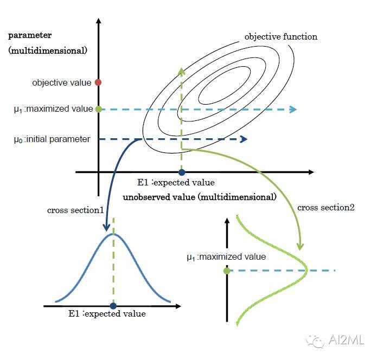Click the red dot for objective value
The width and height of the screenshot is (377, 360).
point(98,82)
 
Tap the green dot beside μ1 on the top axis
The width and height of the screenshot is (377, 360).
point(98,109)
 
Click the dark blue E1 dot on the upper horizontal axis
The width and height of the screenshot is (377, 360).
point(182,172)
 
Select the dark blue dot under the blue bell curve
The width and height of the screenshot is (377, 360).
point(113,306)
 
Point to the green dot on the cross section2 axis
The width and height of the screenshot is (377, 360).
point(227,270)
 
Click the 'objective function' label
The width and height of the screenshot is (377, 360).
point(280,37)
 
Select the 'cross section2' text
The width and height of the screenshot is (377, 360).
point(326,207)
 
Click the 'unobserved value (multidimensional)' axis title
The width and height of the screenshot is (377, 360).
point(200,196)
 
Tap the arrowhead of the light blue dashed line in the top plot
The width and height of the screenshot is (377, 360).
point(293,110)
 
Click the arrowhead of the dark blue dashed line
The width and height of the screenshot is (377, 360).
point(244,139)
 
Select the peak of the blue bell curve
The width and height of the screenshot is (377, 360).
point(113,234)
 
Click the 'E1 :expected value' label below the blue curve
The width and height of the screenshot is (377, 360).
point(107,313)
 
